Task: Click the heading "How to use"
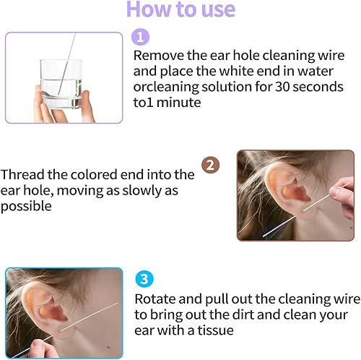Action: pyautogui.click(x=180, y=10)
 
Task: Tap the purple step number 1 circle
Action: pyautogui.click(x=141, y=37)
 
